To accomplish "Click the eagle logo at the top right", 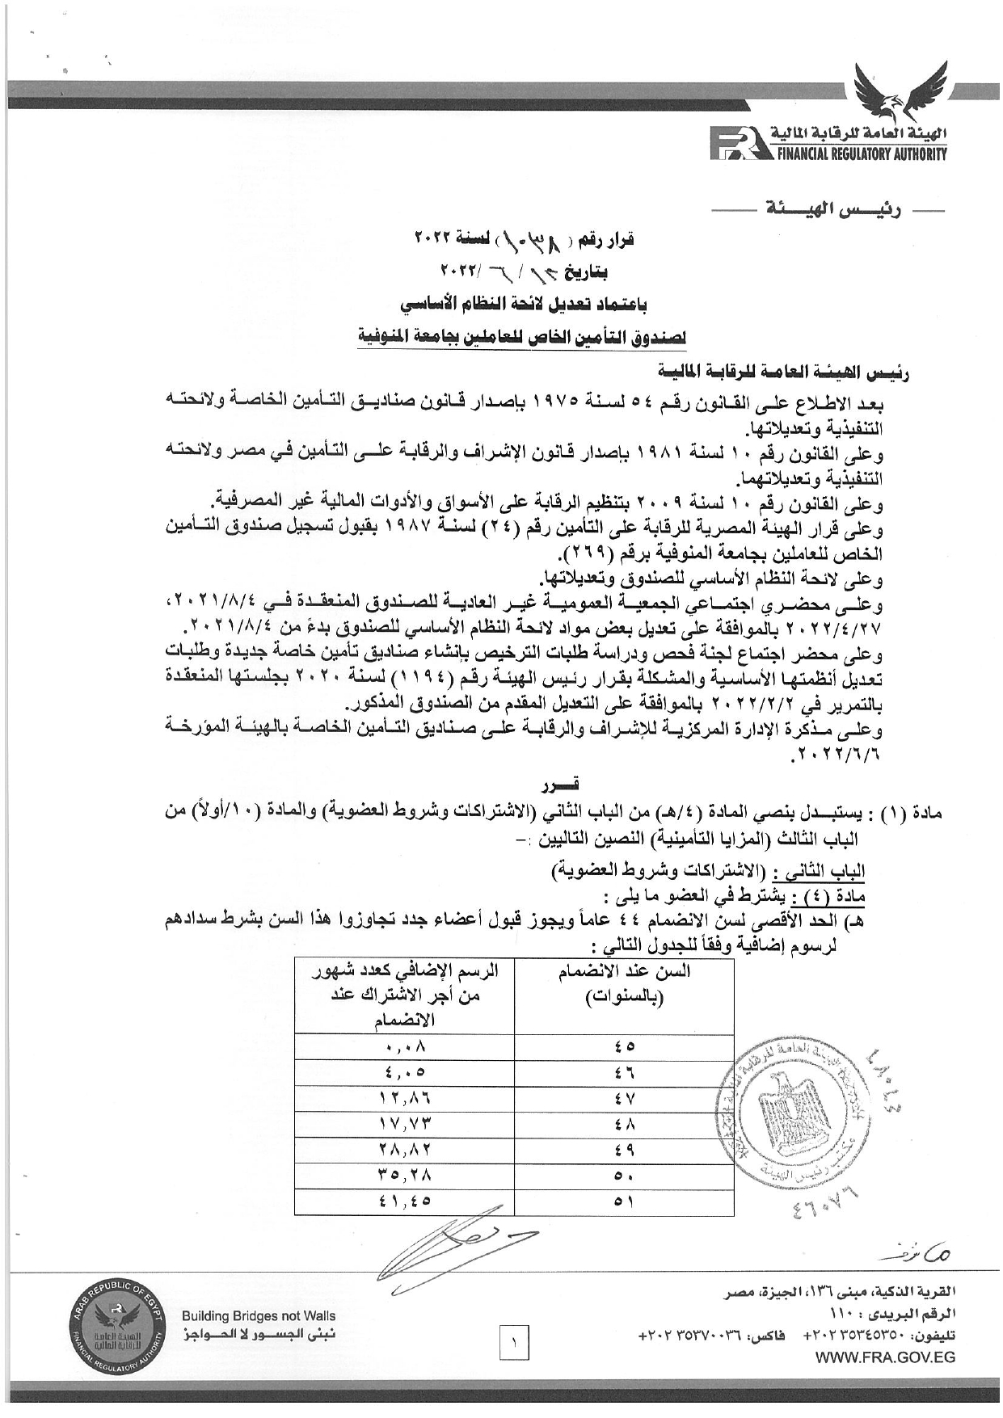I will [x=900, y=91].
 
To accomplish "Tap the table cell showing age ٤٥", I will [x=624, y=1046].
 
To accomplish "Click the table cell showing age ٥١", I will [x=624, y=1201].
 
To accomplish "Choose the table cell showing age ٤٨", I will [x=624, y=1123].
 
